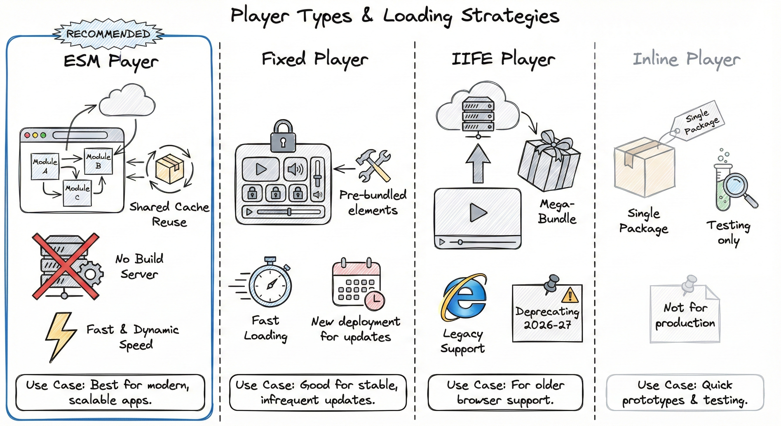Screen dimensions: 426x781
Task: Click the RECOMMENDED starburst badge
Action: click(x=108, y=34)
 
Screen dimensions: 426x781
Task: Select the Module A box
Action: click(x=45, y=166)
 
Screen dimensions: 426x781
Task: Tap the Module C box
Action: click(x=77, y=193)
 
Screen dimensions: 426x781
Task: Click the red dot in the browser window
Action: click(x=27, y=135)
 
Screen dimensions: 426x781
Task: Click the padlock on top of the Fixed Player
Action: click(x=283, y=136)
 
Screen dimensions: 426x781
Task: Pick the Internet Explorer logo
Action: click(x=463, y=297)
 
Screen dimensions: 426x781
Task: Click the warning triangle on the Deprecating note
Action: click(x=570, y=295)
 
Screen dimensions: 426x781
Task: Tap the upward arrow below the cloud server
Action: click(x=478, y=164)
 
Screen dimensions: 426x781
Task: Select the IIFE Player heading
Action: click(x=503, y=59)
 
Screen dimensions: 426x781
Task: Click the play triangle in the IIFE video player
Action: click(x=478, y=212)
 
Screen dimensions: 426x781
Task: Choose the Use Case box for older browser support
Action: click(x=505, y=392)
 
